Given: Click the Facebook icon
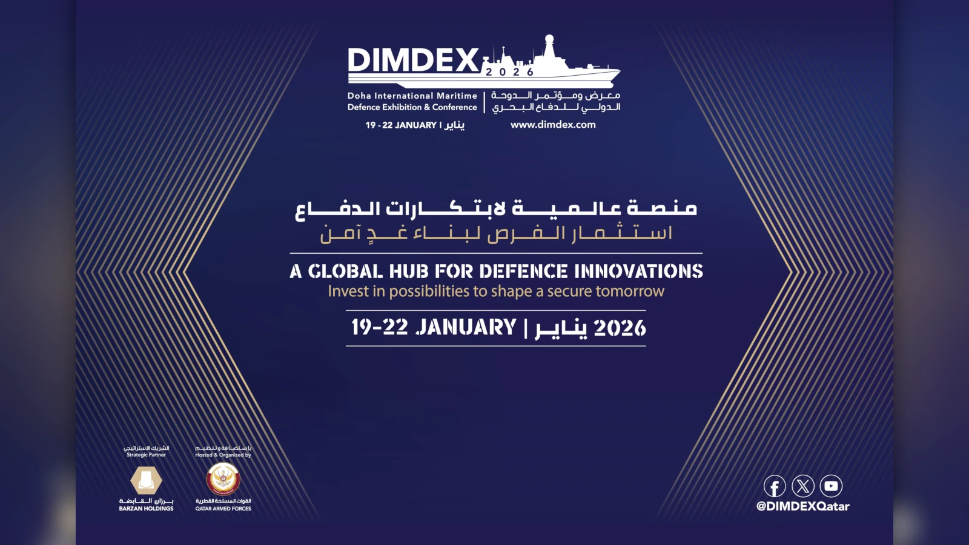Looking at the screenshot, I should [x=775, y=486].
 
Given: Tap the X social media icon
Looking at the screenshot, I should [x=803, y=486].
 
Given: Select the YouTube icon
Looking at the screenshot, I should [x=831, y=486].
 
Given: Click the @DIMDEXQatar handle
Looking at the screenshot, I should [x=802, y=506].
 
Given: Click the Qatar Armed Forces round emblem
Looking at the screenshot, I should [x=223, y=479].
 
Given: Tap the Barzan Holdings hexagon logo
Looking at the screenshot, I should [x=146, y=481].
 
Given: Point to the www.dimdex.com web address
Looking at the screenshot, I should [x=553, y=125].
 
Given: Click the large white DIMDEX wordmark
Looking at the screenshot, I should [x=414, y=61].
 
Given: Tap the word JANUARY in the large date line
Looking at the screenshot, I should [x=466, y=328].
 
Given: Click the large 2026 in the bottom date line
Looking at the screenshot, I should [x=620, y=328].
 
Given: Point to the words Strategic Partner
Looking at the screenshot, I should [x=146, y=455].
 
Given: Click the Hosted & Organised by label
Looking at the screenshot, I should [x=223, y=455].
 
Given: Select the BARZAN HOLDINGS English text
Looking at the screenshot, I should [x=146, y=509].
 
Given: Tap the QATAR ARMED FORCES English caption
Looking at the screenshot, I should [x=223, y=509].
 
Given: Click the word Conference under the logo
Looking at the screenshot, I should [x=454, y=107].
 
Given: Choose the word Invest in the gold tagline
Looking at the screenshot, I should [x=348, y=291].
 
